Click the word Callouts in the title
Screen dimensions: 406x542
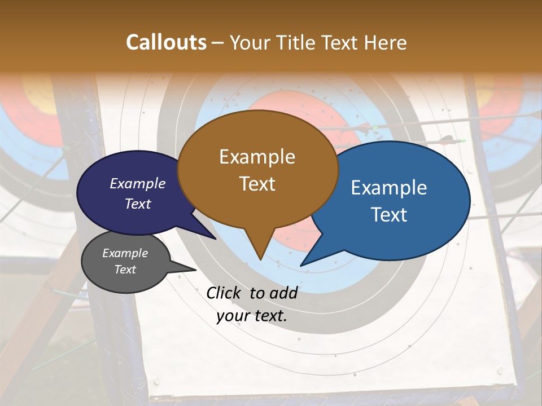coord(166,42)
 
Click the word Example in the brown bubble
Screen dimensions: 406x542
coord(257,157)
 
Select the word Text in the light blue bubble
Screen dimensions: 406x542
coord(389,215)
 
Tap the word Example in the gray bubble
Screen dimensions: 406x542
coord(125,253)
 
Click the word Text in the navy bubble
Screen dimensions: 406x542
coord(138,204)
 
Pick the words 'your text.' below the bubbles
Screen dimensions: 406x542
coord(252,316)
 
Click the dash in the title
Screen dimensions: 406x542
coord(218,43)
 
